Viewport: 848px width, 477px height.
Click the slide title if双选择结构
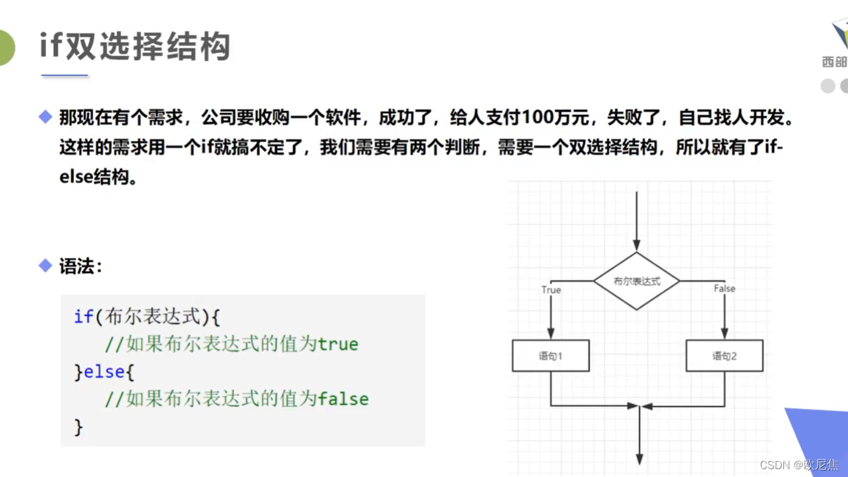pos(135,46)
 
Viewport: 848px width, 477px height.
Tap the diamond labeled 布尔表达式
pos(637,281)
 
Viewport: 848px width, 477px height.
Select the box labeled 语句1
pos(550,356)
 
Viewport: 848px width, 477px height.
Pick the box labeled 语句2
pos(724,356)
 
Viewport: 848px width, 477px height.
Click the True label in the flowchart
pos(551,290)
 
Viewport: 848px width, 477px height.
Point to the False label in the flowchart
pos(724,289)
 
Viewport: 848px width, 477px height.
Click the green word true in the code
pos(338,344)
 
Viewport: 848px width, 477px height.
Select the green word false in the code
pos(343,399)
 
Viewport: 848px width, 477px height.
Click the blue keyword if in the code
pos(83,316)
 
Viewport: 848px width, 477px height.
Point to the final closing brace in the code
pos(78,427)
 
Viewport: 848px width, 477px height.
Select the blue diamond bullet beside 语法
pos(45,266)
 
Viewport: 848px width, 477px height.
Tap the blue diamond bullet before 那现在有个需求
pos(45,117)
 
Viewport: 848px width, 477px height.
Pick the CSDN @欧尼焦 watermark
pos(798,464)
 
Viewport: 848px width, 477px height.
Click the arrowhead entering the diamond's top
pos(637,245)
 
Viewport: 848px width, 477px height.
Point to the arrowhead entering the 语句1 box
pos(551,333)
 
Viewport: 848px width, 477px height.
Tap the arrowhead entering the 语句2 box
pos(724,333)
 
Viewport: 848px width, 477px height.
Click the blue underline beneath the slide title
pos(65,76)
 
